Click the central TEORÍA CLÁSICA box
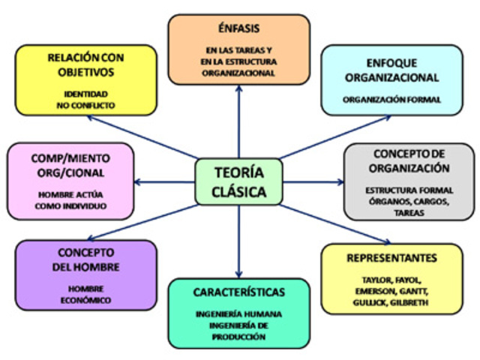coord(238,181)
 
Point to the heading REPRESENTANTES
coord(391,258)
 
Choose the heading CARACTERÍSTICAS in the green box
coord(238,292)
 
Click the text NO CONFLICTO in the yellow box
coord(85,106)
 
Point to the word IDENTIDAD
coord(85,94)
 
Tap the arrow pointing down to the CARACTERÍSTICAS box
coord(238,247)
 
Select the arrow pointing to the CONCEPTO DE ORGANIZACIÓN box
coord(315,181)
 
